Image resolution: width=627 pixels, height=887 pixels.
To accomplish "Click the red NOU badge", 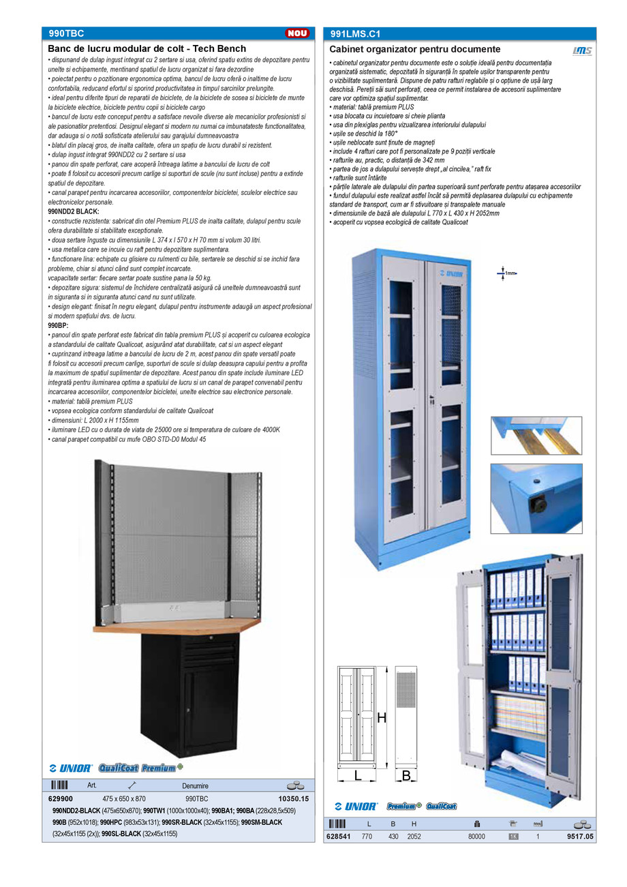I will pyautogui.click(x=297, y=33).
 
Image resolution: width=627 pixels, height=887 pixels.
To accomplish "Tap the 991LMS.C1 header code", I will pyautogui.click(x=354, y=33).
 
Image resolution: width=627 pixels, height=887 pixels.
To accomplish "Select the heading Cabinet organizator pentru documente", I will pyautogui.click(x=415, y=49).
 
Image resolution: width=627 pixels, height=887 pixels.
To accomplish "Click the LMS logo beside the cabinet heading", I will pyautogui.click(x=582, y=50).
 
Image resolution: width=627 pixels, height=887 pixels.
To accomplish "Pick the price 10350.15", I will pyautogui.click(x=294, y=798).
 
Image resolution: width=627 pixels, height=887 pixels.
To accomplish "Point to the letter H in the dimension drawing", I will pyautogui.click(x=382, y=717).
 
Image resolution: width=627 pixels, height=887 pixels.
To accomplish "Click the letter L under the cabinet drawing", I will pyautogui.click(x=357, y=775).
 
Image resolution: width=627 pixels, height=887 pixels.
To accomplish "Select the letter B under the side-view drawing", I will pyautogui.click(x=406, y=775).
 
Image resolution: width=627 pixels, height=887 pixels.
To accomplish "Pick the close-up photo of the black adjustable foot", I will pyautogui.click(x=536, y=498).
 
